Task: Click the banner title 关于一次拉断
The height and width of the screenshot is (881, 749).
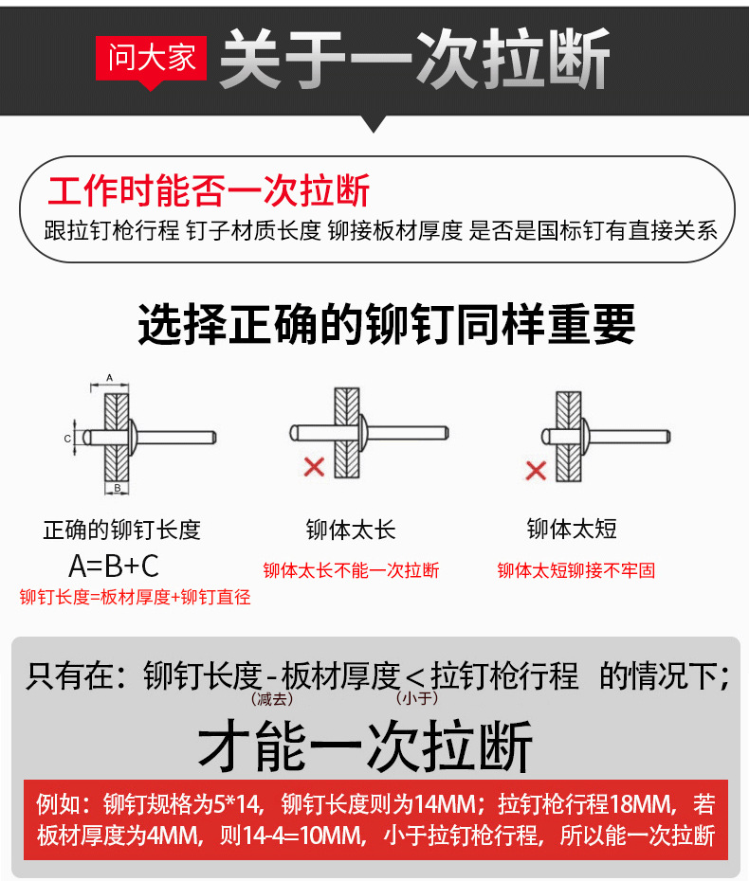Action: pyautogui.click(x=415, y=59)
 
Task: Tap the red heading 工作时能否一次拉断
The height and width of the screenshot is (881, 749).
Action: pyautogui.click(x=208, y=190)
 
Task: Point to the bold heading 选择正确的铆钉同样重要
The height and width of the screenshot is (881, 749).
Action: pyautogui.click(x=387, y=324)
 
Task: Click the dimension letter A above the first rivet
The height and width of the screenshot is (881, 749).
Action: pyautogui.click(x=110, y=378)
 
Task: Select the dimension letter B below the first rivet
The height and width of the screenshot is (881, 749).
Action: pyautogui.click(x=118, y=488)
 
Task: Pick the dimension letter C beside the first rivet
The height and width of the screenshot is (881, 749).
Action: pyautogui.click(x=67, y=439)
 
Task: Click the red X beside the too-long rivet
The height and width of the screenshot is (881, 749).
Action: pyautogui.click(x=315, y=466)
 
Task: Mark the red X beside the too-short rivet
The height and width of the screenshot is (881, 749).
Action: pyautogui.click(x=536, y=470)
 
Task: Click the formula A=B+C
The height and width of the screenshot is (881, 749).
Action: pyautogui.click(x=114, y=566)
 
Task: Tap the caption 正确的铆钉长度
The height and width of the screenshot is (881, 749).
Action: pyautogui.click(x=122, y=530)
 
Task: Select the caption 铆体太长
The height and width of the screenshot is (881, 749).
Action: pyautogui.click(x=351, y=530)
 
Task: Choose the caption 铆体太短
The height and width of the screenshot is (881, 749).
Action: pyautogui.click(x=572, y=529)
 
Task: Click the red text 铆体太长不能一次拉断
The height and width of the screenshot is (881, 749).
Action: pyautogui.click(x=351, y=570)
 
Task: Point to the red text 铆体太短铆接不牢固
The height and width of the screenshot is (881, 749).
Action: pyautogui.click(x=576, y=570)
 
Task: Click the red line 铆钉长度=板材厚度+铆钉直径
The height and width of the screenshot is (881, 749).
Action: pyautogui.click(x=135, y=597)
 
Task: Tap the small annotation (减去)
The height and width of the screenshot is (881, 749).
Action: pyautogui.click(x=272, y=699)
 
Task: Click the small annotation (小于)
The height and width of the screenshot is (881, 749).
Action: pyautogui.click(x=416, y=698)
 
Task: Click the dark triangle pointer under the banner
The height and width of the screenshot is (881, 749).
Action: pyautogui.click(x=373, y=123)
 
